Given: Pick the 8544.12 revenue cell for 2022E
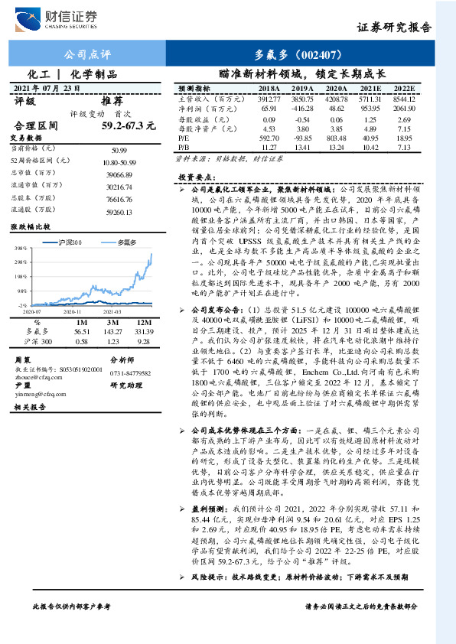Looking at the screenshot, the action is [402, 99].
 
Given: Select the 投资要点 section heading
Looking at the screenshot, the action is [195, 176].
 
